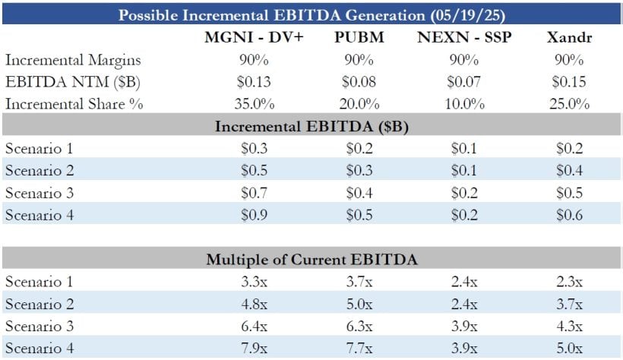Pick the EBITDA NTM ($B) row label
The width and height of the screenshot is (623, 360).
click(59, 82)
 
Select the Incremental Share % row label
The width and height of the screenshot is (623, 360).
click(74, 104)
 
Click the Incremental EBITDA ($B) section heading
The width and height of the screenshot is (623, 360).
click(311, 126)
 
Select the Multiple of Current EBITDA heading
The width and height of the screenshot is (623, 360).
click(311, 260)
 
